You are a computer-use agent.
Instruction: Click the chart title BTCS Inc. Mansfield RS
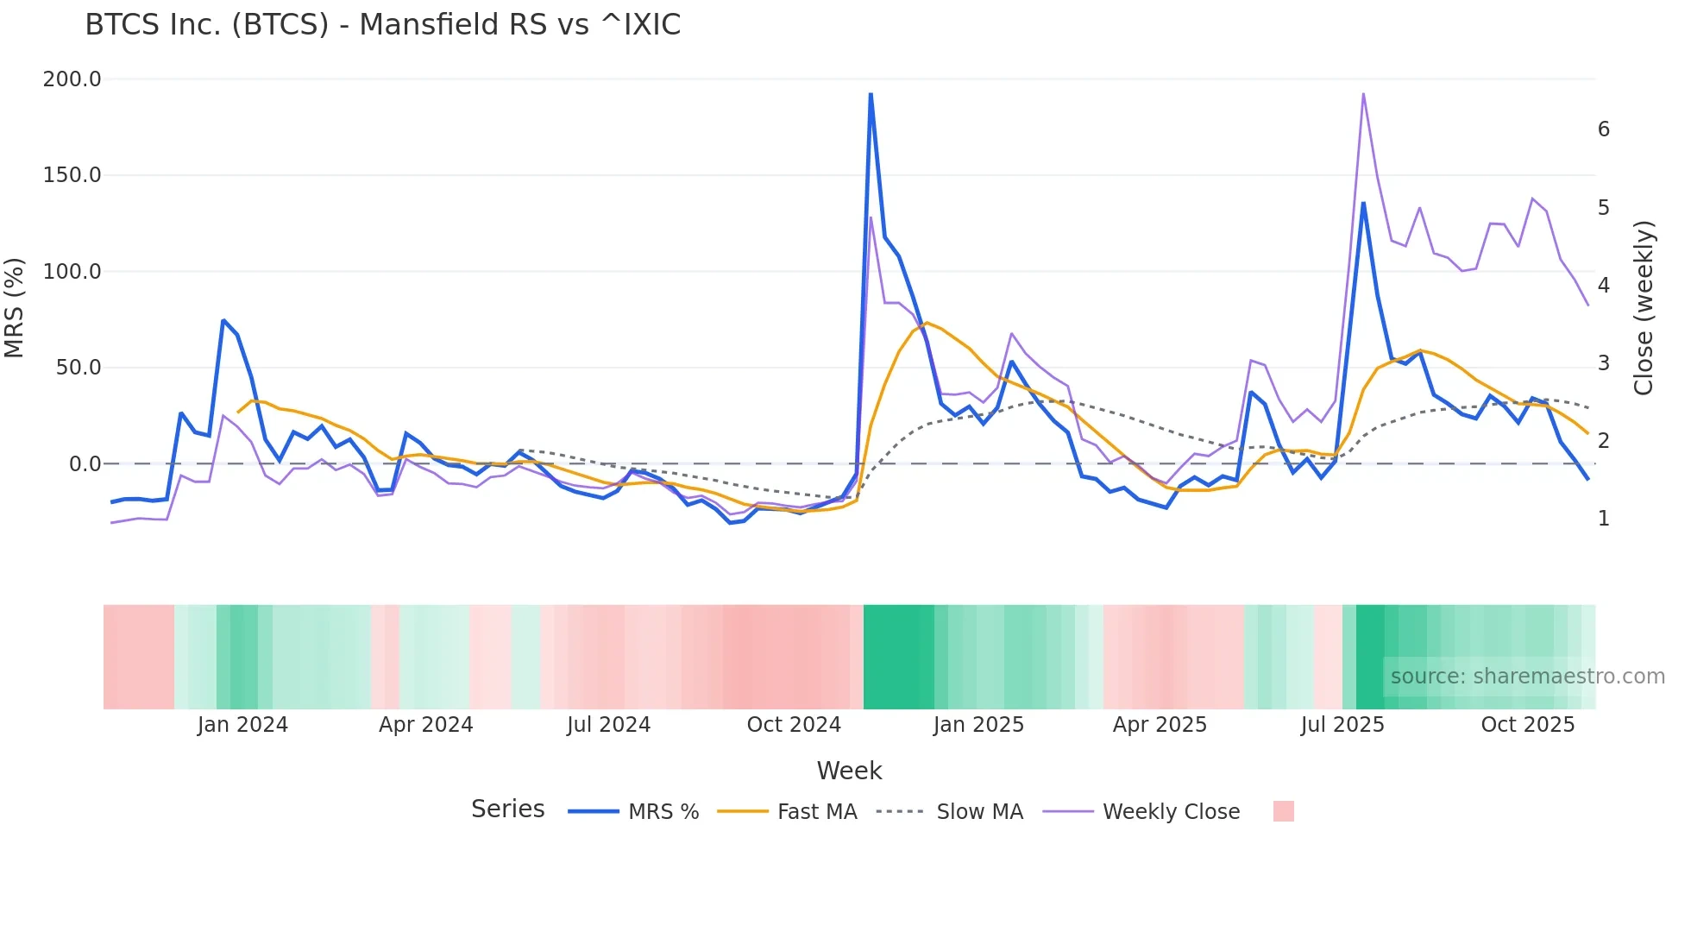coord(382,25)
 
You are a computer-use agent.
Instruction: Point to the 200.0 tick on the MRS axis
coord(72,79)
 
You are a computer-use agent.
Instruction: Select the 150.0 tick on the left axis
coord(72,175)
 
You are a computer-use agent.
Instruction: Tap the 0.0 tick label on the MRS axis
coord(85,464)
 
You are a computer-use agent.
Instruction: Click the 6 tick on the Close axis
coord(1603,129)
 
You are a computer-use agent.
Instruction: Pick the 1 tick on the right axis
coord(1603,519)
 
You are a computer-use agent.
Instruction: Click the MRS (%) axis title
coord(15,308)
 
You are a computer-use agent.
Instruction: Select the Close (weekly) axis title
coord(1644,308)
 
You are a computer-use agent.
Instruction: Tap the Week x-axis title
coord(849,771)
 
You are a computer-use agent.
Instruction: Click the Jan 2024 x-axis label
coord(242,725)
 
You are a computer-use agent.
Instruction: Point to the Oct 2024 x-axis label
coord(794,725)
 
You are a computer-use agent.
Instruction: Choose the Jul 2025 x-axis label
coord(1342,725)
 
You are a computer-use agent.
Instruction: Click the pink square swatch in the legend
coord(1283,811)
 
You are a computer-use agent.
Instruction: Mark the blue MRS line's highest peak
coord(871,93)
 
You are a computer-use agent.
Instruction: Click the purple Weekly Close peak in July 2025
coord(1363,93)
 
